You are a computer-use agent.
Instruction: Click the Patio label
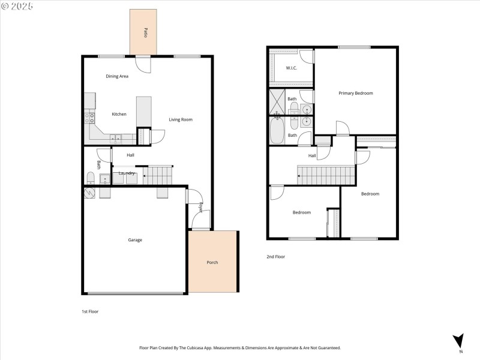pyautogui.click(x=145, y=32)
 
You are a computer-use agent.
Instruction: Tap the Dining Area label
pyautogui.click(x=117, y=76)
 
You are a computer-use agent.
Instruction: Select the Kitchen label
pyautogui.click(x=119, y=114)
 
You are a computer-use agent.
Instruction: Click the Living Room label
pyautogui.click(x=180, y=119)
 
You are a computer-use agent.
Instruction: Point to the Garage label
pyautogui.click(x=135, y=240)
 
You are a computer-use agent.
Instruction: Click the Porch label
pyautogui.click(x=212, y=262)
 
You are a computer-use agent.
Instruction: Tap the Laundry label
pyautogui.click(x=127, y=173)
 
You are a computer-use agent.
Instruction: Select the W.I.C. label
pyautogui.click(x=292, y=68)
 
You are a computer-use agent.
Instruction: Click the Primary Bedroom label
pyautogui.click(x=355, y=93)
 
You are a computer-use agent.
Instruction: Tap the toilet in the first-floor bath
pyautogui.click(x=89, y=178)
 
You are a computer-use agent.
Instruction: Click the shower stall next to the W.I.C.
pyautogui.click(x=277, y=101)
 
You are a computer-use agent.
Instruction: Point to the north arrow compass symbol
pyautogui.click(x=459, y=340)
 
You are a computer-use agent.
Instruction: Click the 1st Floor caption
pyautogui.click(x=90, y=312)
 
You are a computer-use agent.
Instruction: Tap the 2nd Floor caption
pyautogui.click(x=275, y=257)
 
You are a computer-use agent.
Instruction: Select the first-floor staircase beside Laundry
pyautogui.click(x=160, y=175)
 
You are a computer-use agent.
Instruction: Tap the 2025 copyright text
pyautogui.click(x=18, y=5)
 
